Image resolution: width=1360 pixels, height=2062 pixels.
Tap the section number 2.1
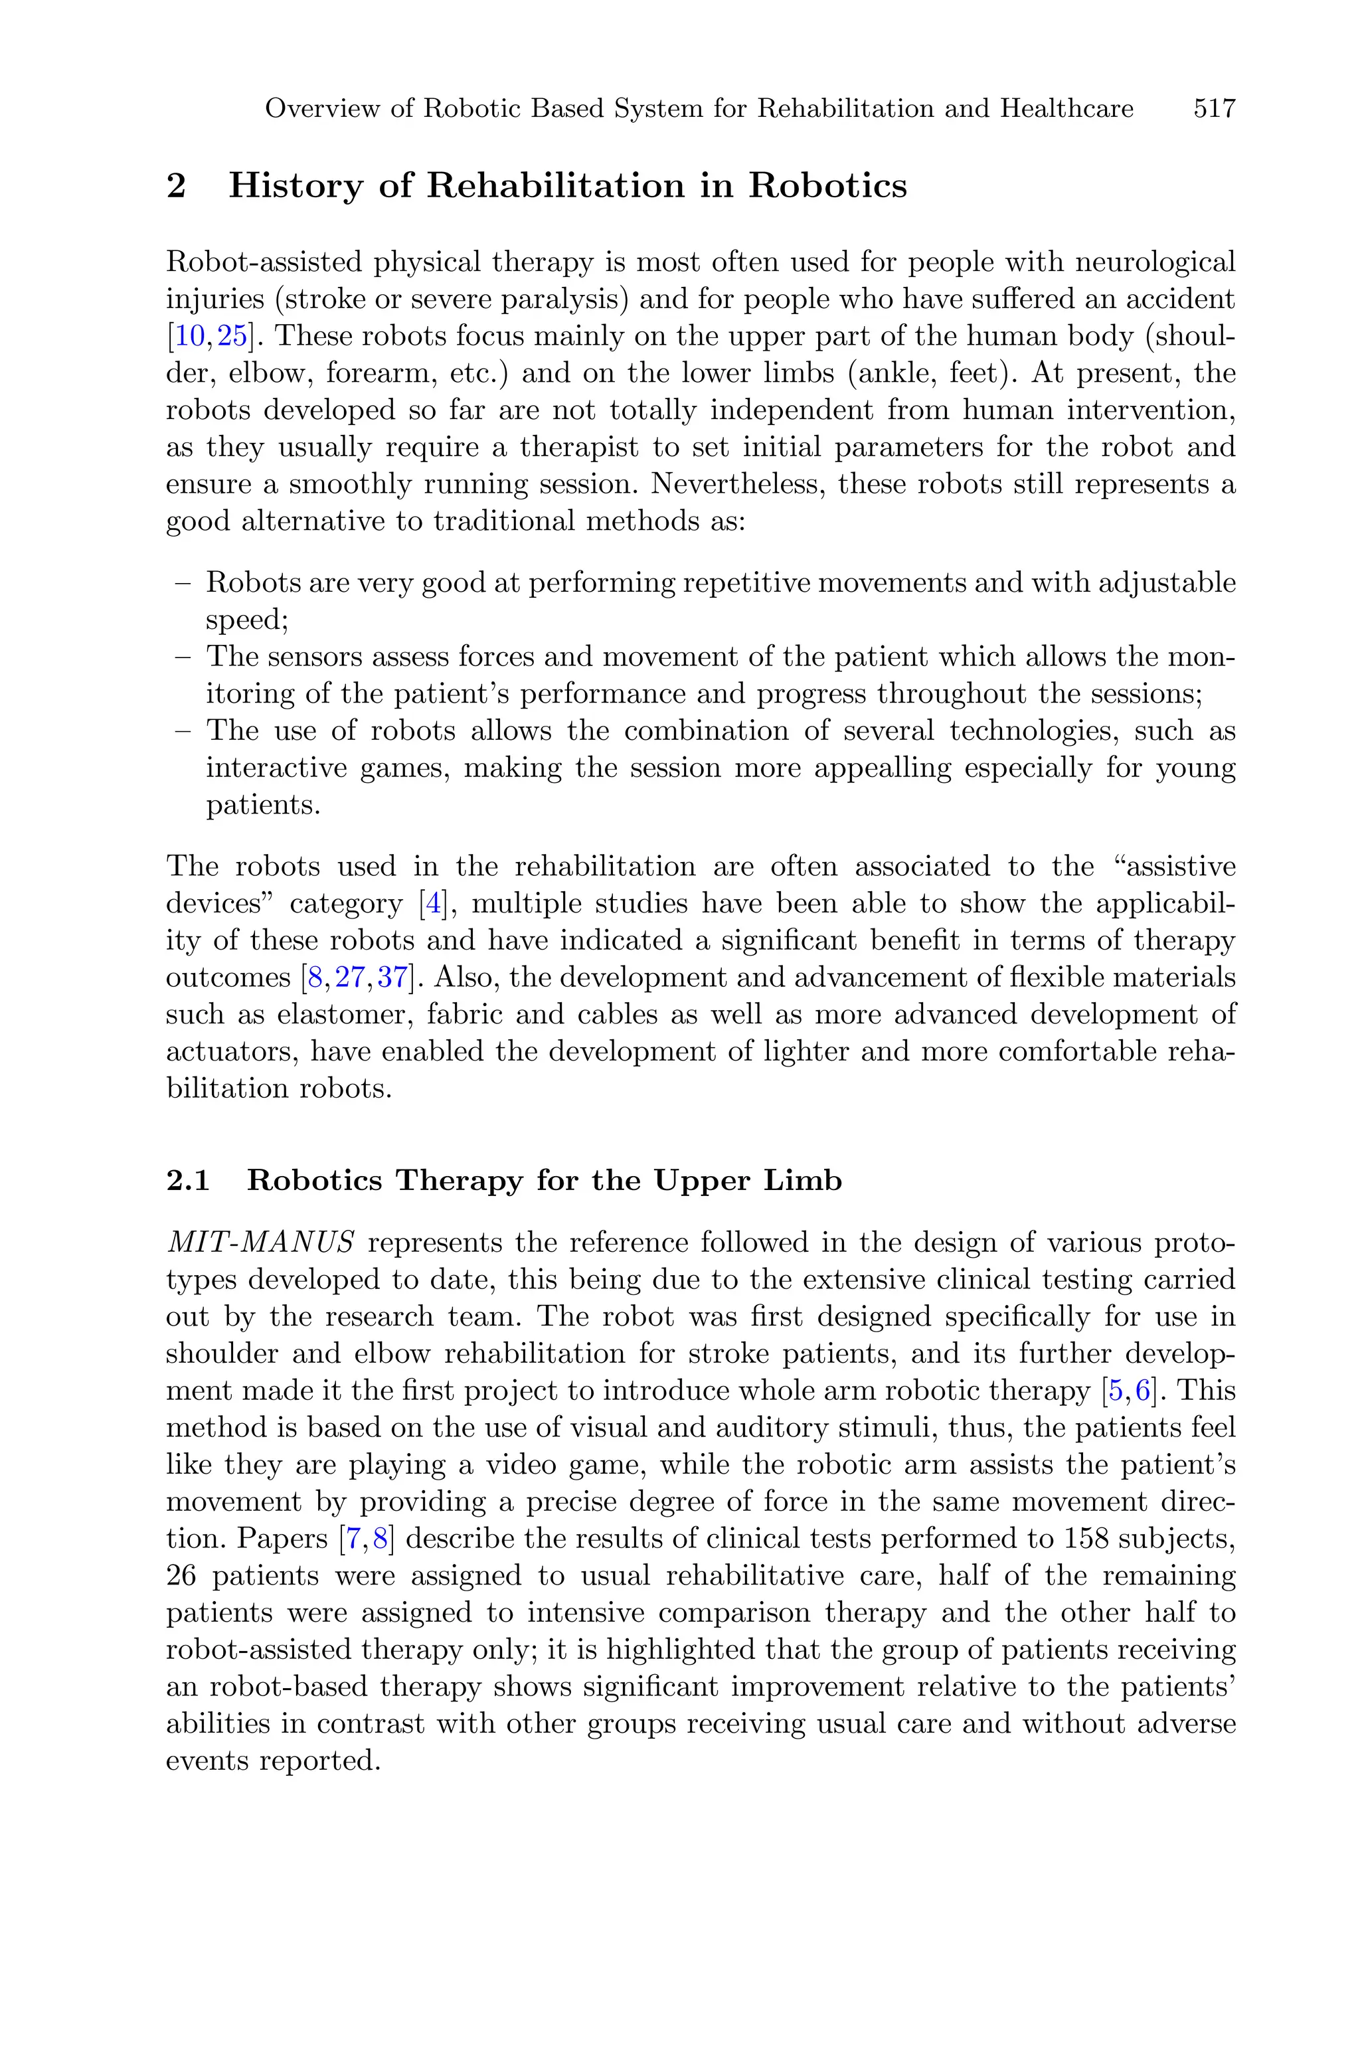[x=188, y=1180]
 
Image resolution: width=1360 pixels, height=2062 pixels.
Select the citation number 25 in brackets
[x=232, y=335]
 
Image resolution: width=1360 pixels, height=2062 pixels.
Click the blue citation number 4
[x=431, y=904]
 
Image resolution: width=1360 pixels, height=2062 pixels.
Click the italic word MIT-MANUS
[x=260, y=1242]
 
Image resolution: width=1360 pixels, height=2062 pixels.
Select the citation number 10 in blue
[x=191, y=335]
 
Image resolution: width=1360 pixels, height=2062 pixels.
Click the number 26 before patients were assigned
[x=181, y=1575]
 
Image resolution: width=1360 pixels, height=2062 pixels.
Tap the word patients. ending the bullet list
[x=263, y=805]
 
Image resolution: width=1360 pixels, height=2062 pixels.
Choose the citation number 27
[x=351, y=978]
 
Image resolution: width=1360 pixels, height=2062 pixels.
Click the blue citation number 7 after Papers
[x=353, y=1538]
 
